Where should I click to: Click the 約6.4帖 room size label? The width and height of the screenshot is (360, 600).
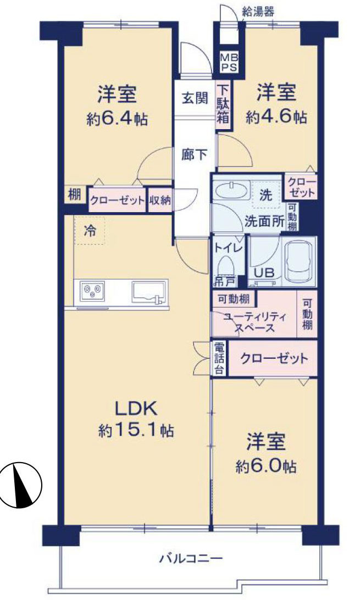(117, 119)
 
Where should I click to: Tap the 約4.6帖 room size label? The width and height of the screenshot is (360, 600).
(276, 116)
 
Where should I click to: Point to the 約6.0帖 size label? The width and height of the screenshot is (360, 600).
(267, 466)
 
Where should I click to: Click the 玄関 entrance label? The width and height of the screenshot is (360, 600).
(195, 98)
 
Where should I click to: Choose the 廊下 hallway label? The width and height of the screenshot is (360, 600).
(195, 155)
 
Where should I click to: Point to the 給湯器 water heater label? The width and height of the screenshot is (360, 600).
(258, 9)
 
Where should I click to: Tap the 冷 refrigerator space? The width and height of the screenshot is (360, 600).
(89, 232)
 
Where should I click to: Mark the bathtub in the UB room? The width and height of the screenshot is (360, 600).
(299, 263)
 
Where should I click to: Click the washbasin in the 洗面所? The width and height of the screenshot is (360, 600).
(231, 191)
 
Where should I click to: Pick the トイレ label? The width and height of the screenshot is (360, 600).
(228, 248)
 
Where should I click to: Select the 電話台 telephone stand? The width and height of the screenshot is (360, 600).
(219, 359)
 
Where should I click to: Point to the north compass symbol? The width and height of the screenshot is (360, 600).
(21, 484)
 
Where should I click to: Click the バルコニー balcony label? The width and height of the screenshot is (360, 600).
(191, 559)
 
